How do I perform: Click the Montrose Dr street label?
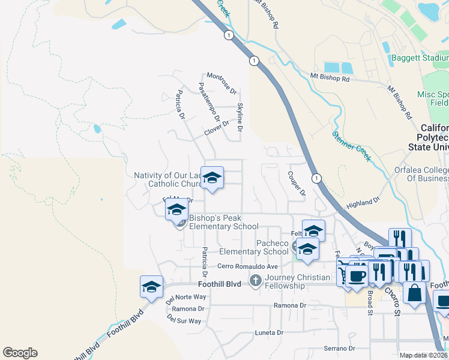pyautogui.click(x=221, y=83)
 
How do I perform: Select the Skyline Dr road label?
pyautogui.click(x=240, y=117)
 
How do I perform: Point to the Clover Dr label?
pyautogui.click(x=217, y=128)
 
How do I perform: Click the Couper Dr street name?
pyautogui.click(x=297, y=184)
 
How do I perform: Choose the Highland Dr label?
pyautogui.click(x=364, y=203)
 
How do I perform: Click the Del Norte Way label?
pyautogui.click(x=186, y=297)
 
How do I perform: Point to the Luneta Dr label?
pyautogui.click(x=268, y=332)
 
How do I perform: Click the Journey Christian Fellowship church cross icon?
pyautogui.click(x=256, y=280)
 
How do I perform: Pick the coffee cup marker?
pyautogui.click(x=357, y=276)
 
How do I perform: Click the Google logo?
pyautogui.click(x=20, y=353)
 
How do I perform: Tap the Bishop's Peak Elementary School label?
pyautogui.click(x=223, y=223)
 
